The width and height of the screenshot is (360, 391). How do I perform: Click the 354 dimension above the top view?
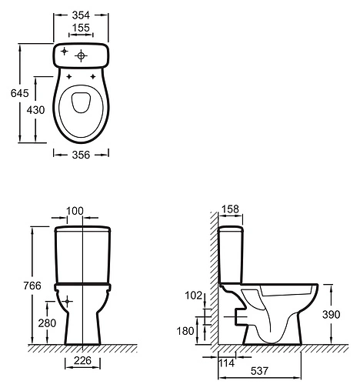tap(81, 15)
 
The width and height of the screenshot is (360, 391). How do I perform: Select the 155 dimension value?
tap(81, 28)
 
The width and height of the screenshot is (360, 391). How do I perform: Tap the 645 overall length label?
tap(20, 93)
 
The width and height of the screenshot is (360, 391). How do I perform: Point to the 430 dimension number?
tap(36, 110)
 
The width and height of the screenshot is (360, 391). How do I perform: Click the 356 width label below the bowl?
tap(81, 155)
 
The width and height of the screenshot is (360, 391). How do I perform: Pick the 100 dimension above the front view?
tap(75, 211)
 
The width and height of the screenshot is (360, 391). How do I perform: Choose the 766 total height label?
tap(32, 286)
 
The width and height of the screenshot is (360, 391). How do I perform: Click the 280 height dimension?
tap(47, 323)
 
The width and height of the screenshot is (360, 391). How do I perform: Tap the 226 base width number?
tap(82, 360)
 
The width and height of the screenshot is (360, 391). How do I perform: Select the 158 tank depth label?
tap(230, 209)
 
